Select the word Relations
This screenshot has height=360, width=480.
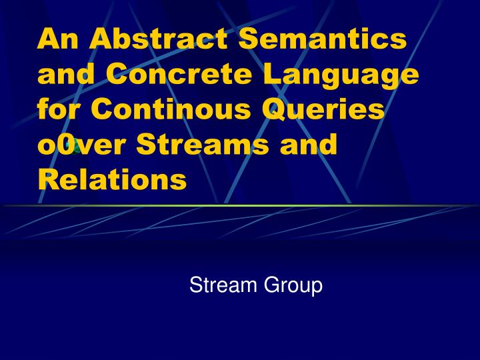click(x=111, y=179)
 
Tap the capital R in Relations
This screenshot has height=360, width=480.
click(x=47, y=179)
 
